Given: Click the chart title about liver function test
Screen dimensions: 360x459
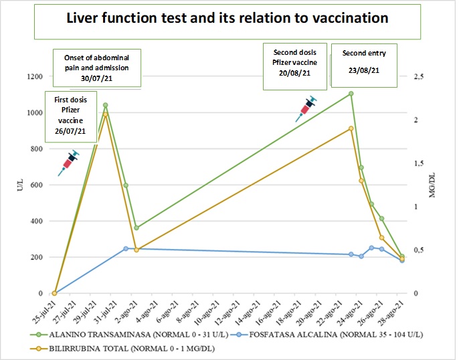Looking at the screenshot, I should pos(227,19).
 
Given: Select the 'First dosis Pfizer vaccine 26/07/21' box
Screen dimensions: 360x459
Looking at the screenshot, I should pos(70,115).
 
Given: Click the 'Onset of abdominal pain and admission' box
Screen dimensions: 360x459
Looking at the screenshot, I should pos(96,68).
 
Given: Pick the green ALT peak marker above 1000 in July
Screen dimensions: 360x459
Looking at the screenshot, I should pos(106,105).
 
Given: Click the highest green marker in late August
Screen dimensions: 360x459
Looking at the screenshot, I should pos(351,94).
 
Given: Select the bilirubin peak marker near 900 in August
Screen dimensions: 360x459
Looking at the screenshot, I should pos(351,128).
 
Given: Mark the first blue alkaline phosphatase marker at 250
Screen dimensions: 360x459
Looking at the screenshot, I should pos(126,248).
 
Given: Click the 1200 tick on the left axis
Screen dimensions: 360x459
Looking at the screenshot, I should pos(33,76).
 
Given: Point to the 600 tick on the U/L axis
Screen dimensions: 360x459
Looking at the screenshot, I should pos(36,185).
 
